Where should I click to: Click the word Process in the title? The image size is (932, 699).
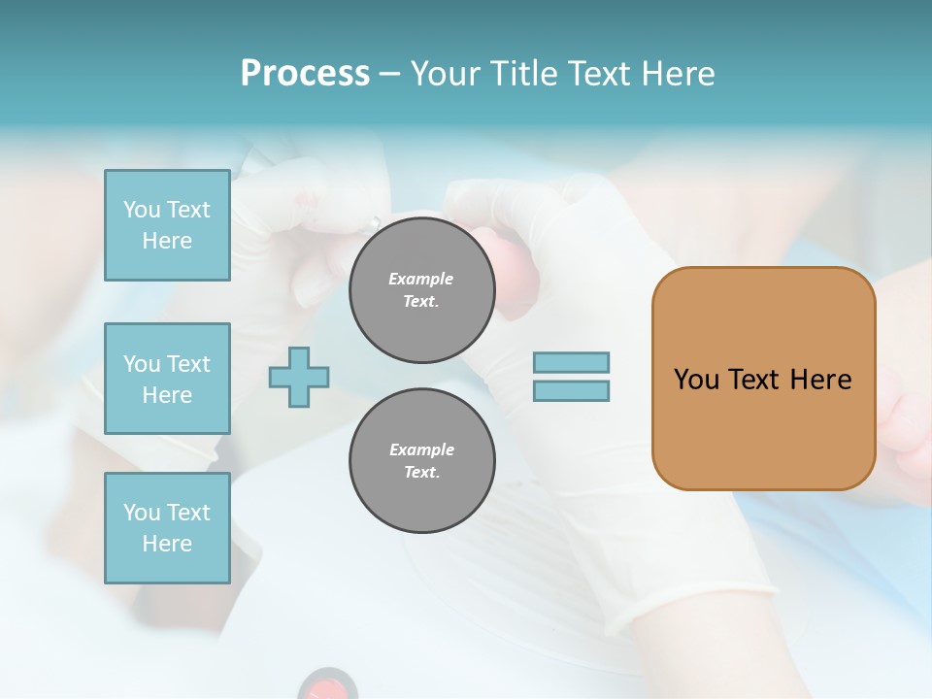point(305,74)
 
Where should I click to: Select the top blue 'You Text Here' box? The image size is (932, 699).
point(167,225)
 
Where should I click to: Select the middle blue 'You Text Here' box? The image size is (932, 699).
point(167,379)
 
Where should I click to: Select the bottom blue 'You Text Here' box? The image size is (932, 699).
point(167,528)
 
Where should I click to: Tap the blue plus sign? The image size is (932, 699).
point(299,377)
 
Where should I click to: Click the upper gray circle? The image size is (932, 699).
point(421,290)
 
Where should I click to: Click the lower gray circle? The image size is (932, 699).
point(421,461)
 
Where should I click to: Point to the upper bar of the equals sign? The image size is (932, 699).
point(571,363)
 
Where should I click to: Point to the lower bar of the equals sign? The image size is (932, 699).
point(571,391)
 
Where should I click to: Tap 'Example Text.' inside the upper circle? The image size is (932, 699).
point(421,290)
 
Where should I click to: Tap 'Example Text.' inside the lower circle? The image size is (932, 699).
point(421,461)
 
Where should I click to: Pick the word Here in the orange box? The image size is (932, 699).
point(820,380)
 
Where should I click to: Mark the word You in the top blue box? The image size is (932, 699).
point(142,210)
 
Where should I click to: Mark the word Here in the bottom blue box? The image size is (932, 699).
point(167,544)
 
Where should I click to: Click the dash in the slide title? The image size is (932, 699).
point(389,74)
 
